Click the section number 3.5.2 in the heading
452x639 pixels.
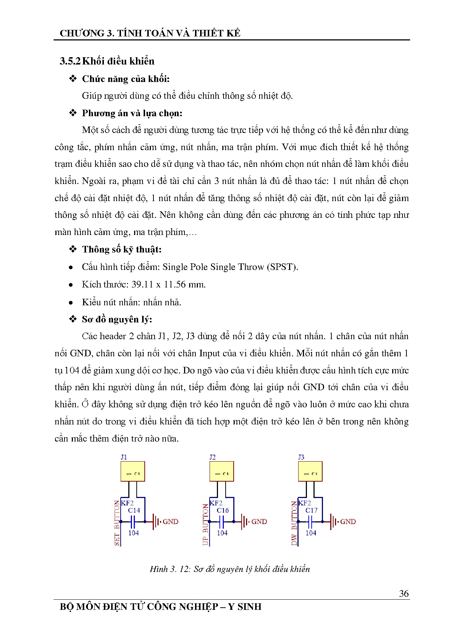point(70,61)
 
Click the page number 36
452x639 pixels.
point(404,593)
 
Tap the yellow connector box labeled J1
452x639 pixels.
point(133,472)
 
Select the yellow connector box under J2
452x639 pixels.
point(221,472)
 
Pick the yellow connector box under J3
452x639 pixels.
point(310,472)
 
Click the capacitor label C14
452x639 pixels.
point(134,510)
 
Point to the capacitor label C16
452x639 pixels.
point(222,510)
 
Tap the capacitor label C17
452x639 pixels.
point(311,510)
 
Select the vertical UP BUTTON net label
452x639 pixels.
point(206,525)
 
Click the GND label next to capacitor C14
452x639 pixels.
point(170,522)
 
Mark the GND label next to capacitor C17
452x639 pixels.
point(348,522)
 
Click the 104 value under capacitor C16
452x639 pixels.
point(222,533)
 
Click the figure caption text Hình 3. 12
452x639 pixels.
point(170,569)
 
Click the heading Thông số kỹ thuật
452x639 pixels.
point(121,250)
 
